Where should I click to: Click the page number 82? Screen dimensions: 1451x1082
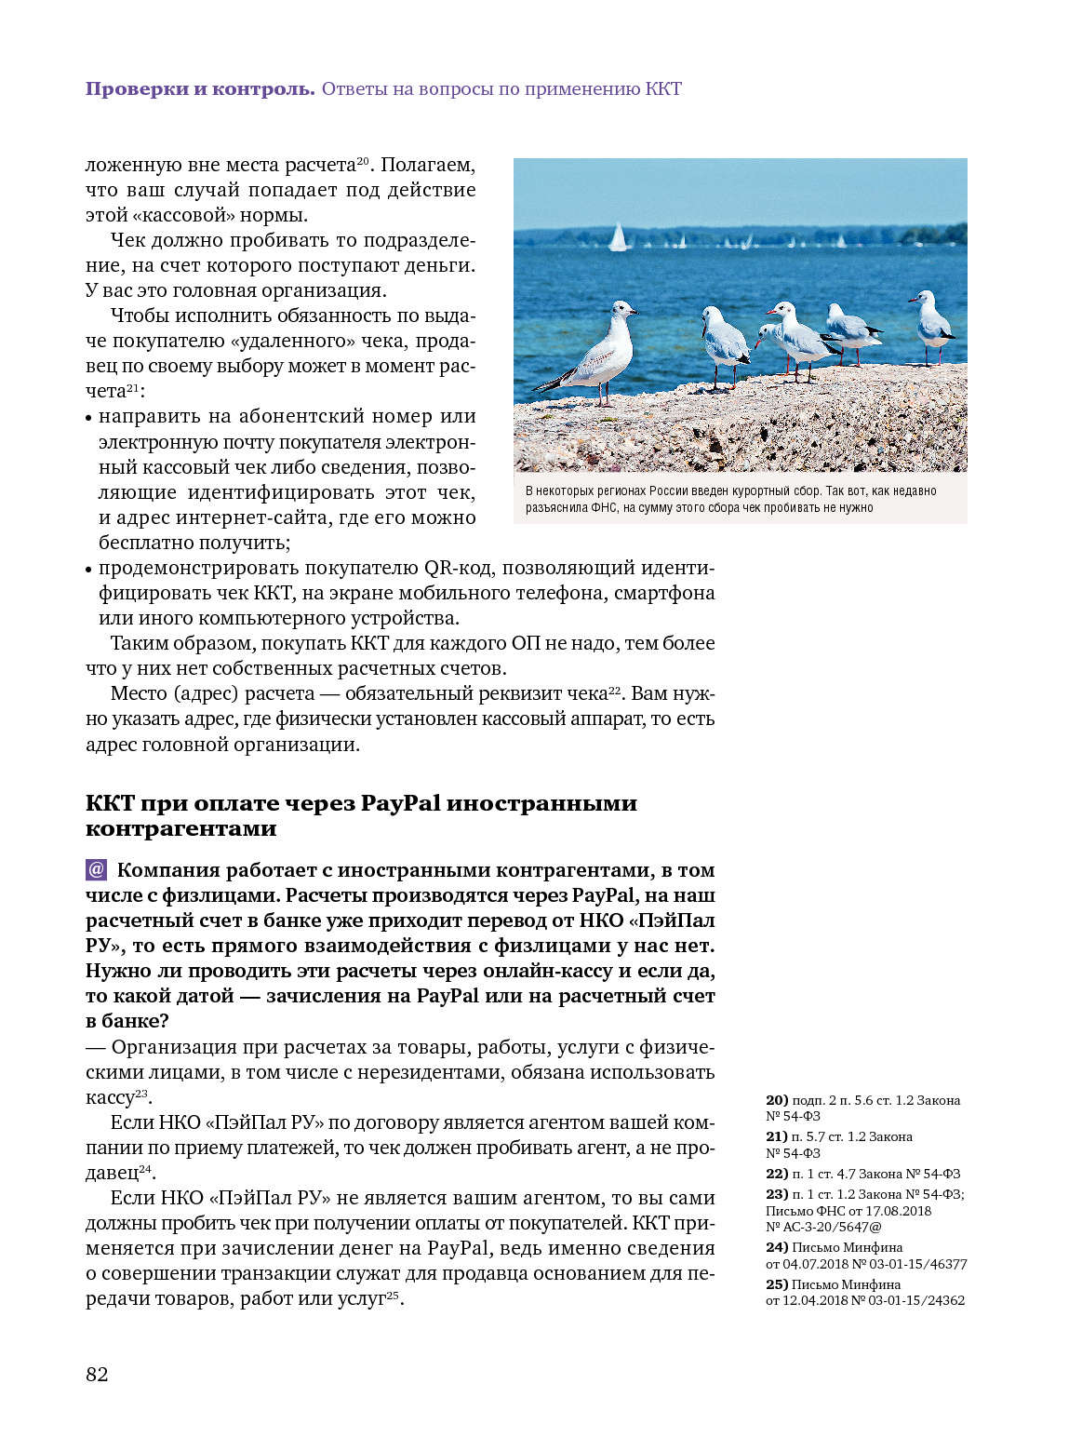(97, 1375)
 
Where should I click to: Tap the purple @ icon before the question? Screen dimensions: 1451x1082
(97, 869)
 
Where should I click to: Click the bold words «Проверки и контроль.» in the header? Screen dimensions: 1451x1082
(200, 89)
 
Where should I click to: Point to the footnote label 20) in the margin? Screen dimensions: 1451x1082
(777, 1100)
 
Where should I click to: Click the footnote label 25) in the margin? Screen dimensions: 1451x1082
(777, 1284)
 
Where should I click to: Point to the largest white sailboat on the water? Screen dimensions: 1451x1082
(618, 237)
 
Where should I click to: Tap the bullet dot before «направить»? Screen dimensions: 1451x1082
(89, 418)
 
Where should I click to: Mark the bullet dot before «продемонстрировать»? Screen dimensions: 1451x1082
(89, 570)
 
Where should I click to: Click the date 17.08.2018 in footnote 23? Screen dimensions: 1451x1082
(898, 1211)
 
